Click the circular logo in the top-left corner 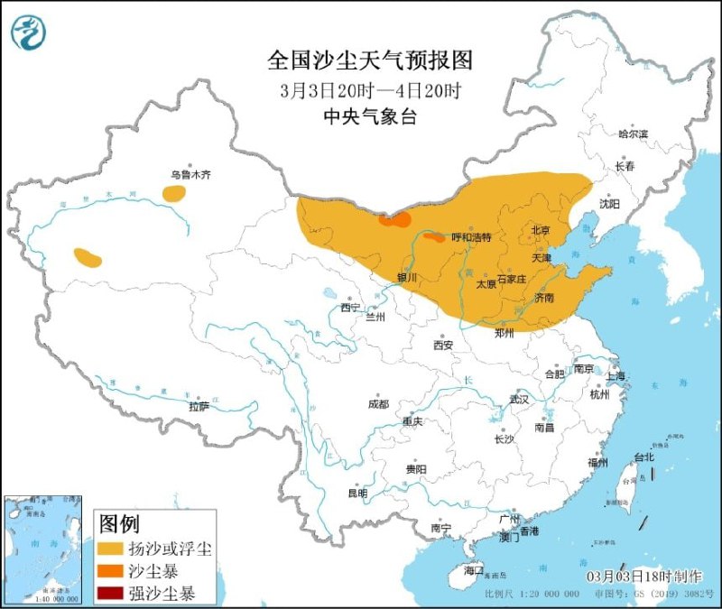28,32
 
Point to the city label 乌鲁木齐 190,175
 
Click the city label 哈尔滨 634,134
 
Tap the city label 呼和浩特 471,238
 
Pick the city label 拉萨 199,407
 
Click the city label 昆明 357,494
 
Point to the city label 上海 616,376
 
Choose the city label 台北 643,457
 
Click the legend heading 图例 118,523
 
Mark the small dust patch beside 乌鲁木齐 173,193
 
